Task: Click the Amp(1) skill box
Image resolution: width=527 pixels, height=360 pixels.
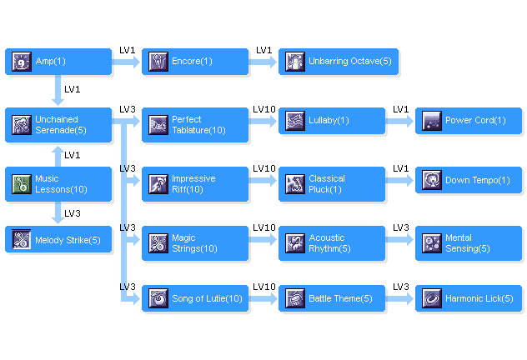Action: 58,61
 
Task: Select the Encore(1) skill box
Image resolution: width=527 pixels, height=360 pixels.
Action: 194,61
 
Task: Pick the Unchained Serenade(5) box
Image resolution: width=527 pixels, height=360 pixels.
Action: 58,125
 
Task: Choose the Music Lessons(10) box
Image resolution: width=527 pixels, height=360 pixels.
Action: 58,184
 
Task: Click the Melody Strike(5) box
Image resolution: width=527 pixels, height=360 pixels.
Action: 58,240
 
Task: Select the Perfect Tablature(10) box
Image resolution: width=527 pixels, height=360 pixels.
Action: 194,125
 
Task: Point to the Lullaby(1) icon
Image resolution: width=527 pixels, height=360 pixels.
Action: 294,121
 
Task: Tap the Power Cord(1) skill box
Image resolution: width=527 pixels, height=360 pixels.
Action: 468,121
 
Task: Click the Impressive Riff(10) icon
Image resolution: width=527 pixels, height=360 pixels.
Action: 158,184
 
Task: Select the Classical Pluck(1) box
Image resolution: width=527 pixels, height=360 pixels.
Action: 331,184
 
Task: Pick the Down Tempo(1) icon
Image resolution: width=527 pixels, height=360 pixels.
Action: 431,180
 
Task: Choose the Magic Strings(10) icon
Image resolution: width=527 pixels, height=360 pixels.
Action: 158,243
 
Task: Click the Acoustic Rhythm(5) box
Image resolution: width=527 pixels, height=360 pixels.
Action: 331,243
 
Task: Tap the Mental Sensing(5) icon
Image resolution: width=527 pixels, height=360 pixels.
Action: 431,243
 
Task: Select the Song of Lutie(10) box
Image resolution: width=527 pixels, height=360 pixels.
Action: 194,298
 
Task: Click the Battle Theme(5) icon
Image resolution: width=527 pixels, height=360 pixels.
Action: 294,298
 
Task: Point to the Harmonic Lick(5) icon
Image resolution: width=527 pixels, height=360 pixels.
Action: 431,298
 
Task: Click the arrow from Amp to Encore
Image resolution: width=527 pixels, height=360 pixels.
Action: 126,61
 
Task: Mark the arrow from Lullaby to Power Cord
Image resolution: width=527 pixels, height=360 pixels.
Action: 399,121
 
